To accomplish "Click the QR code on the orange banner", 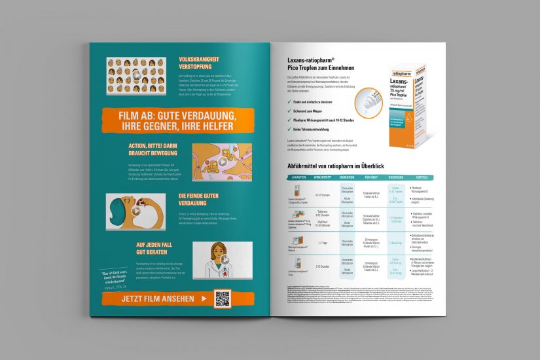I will [x=223, y=298].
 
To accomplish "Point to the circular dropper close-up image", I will [x=365, y=100].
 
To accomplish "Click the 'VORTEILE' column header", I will [x=422, y=177].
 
